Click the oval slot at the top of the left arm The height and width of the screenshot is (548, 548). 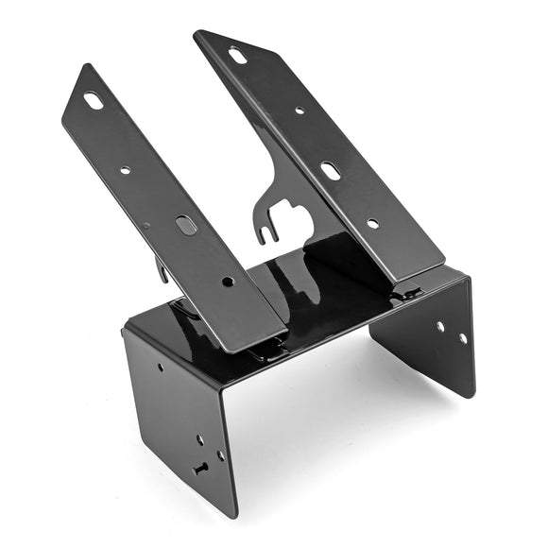94,100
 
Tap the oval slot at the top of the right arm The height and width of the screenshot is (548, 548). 238,56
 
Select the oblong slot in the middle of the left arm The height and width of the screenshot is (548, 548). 186,225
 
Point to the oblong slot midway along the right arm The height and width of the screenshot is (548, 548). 331,170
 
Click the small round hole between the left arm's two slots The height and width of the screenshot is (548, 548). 126,170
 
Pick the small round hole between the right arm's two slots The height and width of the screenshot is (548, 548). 300,111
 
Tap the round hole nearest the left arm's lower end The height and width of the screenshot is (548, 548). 227,281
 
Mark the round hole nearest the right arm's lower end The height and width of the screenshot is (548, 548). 372,224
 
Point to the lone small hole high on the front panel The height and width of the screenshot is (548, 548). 159,368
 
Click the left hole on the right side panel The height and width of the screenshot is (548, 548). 439,326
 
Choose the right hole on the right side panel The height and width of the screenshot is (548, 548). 462,337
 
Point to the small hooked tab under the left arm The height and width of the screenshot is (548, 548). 163,273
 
